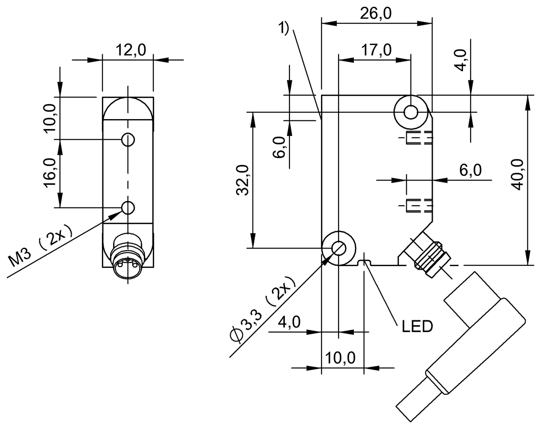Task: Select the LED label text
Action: [x=417, y=325]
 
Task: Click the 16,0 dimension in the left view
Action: [x=50, y=173]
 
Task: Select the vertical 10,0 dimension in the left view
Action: [x=50, y=116]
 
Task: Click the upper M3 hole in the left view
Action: [x=128, y=140]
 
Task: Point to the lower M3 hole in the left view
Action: [x=128, y=208]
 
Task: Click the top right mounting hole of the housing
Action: [x=410, y=111]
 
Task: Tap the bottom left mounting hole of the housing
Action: [x=338, y=247]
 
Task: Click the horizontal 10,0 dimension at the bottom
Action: [x=341, y=359]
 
